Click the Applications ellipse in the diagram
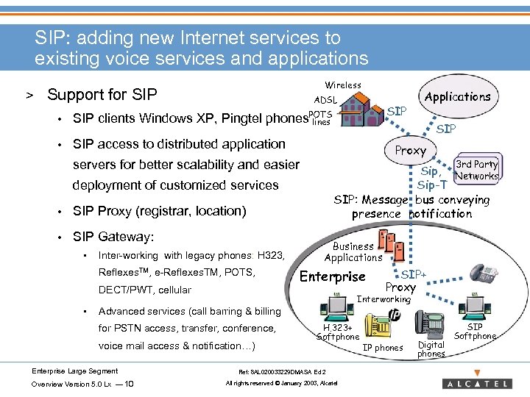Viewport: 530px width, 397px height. [457, 96]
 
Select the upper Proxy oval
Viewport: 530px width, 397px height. [410, 150]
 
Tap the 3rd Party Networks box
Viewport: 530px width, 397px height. [476, 170]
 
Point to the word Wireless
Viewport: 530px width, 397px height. [343, 85]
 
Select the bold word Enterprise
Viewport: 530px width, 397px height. [333, 276]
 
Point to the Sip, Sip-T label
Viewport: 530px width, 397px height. [432, 178]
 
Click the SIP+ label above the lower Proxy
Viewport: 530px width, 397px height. [414, 273]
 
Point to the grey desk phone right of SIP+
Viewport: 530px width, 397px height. [485, 273]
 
